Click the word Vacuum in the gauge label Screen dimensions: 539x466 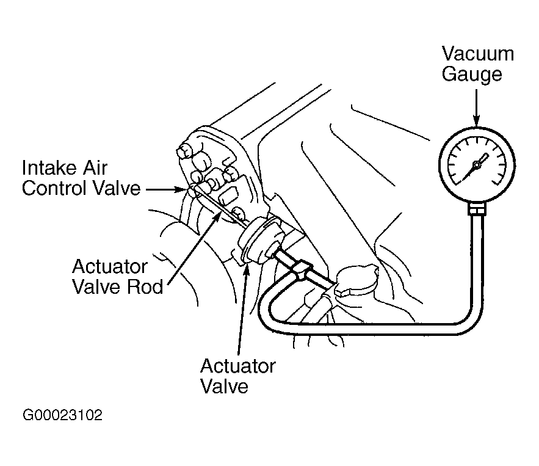tap(478, 54)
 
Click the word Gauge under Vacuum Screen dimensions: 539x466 tap(472, 75)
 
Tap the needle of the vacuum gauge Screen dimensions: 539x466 tap(475, 167)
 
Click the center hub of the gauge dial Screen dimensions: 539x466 tap(477, 166)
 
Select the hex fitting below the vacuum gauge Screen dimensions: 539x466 tap(477, 209)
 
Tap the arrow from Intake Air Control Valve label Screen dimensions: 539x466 tap(167, 189)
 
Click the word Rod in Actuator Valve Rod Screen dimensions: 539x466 tap(145, 286)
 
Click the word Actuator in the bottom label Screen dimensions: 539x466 tap(238, 366)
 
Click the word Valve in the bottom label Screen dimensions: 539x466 tap(224, 386)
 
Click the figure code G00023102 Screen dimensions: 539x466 tap(62, 415)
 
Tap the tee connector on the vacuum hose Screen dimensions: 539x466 tap(302, 270)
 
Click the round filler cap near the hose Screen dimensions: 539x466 tap(358, 279)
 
